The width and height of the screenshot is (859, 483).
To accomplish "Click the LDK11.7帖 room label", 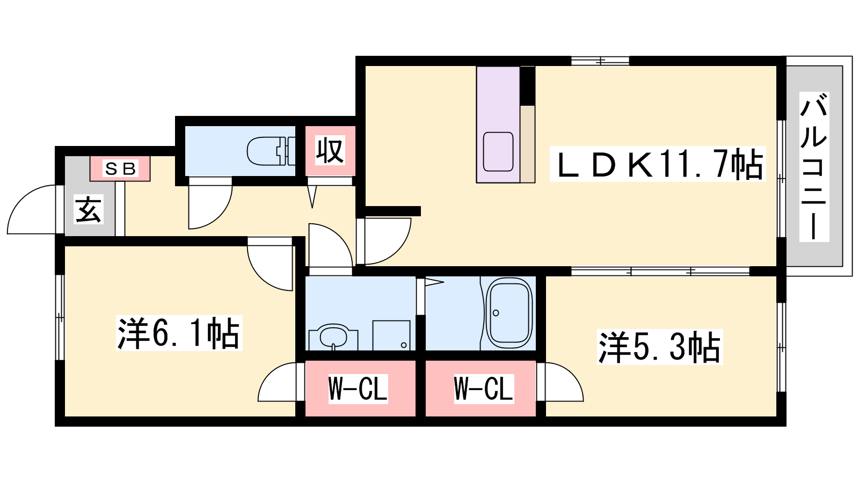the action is point(658,164).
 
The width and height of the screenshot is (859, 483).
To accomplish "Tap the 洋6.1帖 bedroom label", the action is point(179,333).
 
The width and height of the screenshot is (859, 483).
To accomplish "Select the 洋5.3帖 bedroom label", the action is point(660,347).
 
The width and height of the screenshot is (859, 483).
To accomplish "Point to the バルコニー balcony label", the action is point(814,166).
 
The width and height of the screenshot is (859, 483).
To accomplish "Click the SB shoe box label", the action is point(120,169).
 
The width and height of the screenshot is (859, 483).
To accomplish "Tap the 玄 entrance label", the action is point(89,209).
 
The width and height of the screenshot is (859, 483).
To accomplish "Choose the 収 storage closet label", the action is point(330,151).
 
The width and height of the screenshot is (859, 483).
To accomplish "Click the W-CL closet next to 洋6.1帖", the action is point(358,389).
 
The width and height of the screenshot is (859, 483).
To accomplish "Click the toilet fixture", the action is point(271,151).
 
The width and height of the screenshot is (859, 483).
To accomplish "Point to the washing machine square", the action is point(391,335).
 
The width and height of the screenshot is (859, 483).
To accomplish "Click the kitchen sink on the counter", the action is point(498,151).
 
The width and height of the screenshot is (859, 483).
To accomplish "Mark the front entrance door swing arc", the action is point(32,209).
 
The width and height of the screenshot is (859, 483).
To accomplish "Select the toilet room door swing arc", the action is point(210,203).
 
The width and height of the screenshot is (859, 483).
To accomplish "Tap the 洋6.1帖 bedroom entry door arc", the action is point(270,264).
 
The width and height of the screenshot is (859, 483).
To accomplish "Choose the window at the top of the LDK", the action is point(600,61).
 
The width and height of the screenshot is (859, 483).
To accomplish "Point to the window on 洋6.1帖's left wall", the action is point(60,317).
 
